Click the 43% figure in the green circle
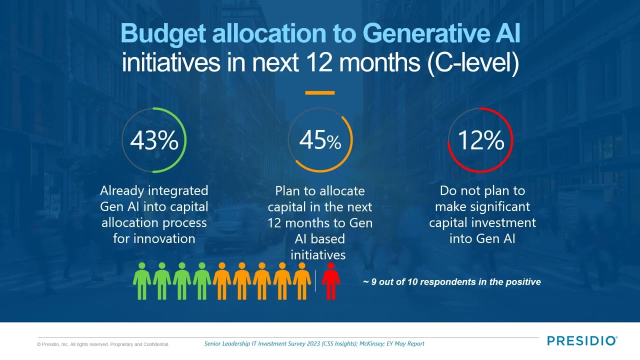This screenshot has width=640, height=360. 154,141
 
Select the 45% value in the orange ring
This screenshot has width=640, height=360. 320,141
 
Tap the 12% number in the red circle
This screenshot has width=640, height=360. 480,141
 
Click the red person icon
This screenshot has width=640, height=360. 330,280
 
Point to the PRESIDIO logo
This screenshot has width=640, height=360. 582,341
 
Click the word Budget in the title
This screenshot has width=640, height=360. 163,33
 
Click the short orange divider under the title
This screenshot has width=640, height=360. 319,93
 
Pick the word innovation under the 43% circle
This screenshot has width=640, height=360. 154,238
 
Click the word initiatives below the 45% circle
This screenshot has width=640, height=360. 318,254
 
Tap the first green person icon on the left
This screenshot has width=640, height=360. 141,280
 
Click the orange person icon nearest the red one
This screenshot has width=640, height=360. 301,280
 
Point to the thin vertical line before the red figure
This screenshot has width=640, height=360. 315,280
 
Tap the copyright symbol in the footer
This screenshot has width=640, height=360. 39,344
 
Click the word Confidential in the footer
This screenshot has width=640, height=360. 156,344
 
